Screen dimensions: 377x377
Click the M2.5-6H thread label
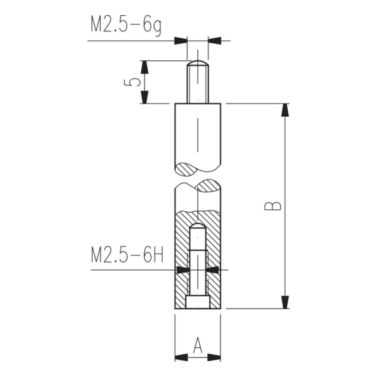[x=127, y=256]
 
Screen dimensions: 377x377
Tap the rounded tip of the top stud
[x=197, y=63]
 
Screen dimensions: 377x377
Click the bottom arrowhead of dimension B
[x=285, y=301]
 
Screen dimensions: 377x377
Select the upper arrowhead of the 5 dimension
[x=146, y=67]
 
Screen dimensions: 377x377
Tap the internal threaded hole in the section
[x=197, y=264]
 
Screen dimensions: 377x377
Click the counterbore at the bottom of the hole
[x=197, y=303]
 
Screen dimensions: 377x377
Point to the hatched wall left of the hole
[x=182, y=264]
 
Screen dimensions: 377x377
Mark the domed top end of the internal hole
[x=197, y=226]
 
